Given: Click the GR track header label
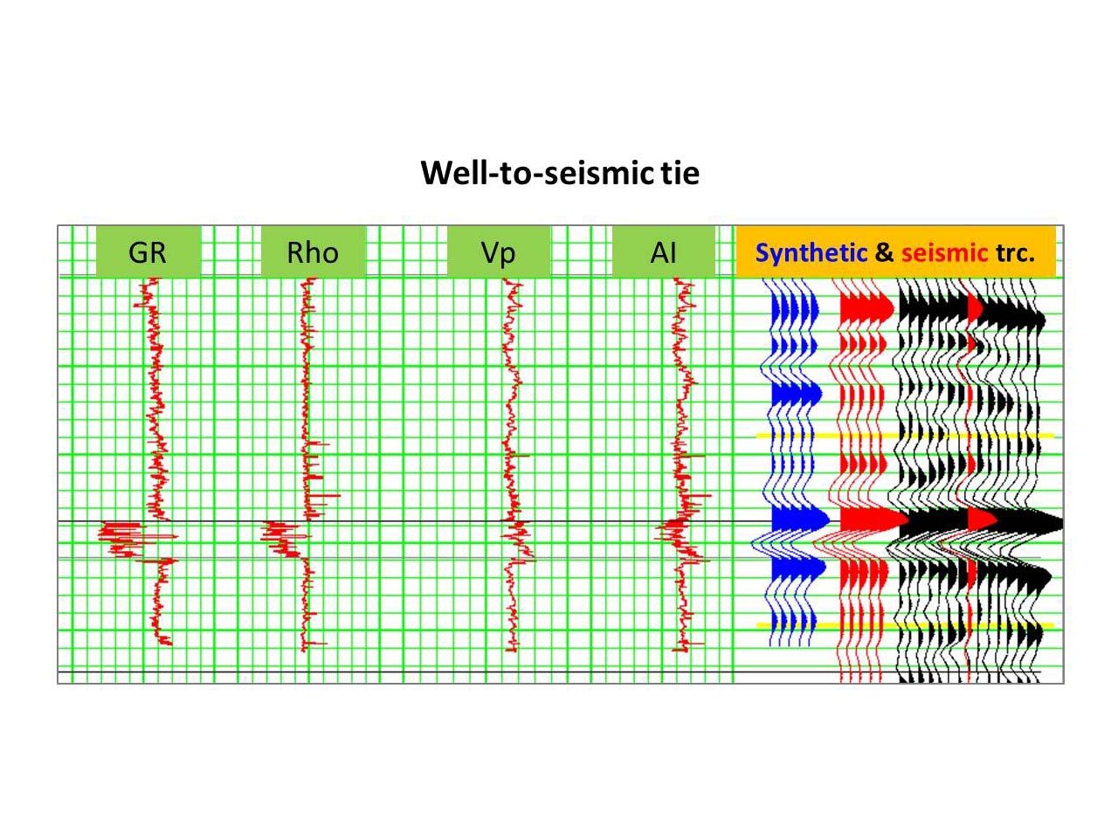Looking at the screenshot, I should tap(147, 252).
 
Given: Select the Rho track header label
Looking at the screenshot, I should tap(313, 252).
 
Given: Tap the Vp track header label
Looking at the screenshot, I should tap(498, 252).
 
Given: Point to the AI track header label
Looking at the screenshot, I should tap(663, 252).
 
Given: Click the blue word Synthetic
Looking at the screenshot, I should tap(811, 253).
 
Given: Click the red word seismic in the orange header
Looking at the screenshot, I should tap(944, 253).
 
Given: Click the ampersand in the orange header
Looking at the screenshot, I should tap(884, 253).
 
